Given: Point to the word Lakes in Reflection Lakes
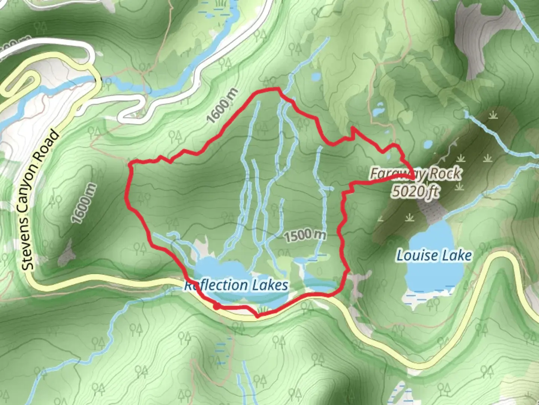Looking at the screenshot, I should [x=269, y=285].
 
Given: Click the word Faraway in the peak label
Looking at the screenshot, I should [x=398, y=174].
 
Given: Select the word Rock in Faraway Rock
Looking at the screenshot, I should [x=445, y=174].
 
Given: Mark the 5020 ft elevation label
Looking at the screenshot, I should [x=415, y=191].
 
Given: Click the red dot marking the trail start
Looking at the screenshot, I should [x=217, y=307].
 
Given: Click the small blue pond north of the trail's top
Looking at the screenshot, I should [x=316, y=77].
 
